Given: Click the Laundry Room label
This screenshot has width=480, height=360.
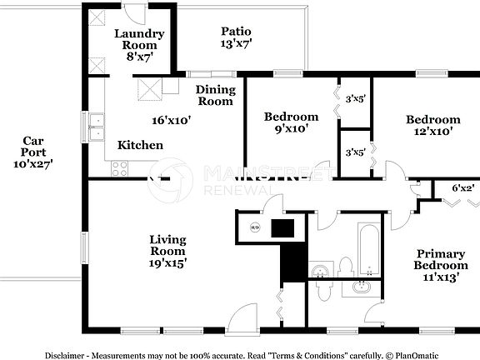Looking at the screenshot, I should coord(138,45).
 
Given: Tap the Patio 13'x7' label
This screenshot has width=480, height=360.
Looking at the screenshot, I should coord(236,37).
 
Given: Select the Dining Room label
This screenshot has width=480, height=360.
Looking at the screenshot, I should coord(214,95).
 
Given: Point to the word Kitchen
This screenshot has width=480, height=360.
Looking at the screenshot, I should coord(140,145).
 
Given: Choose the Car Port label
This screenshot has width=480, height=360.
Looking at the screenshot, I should coord(33,152).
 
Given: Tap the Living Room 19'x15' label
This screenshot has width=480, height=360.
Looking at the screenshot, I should coord(167,251).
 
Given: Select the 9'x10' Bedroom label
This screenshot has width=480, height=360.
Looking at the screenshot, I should coord(291,122).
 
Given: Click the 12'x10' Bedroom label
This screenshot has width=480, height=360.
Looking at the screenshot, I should coord(432,125).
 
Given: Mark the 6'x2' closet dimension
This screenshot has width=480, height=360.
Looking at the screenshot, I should coord(462,188).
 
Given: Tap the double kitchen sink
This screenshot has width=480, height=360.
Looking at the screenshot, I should coord(97,127).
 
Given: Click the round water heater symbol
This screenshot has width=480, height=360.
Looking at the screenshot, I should coord(256,227).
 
